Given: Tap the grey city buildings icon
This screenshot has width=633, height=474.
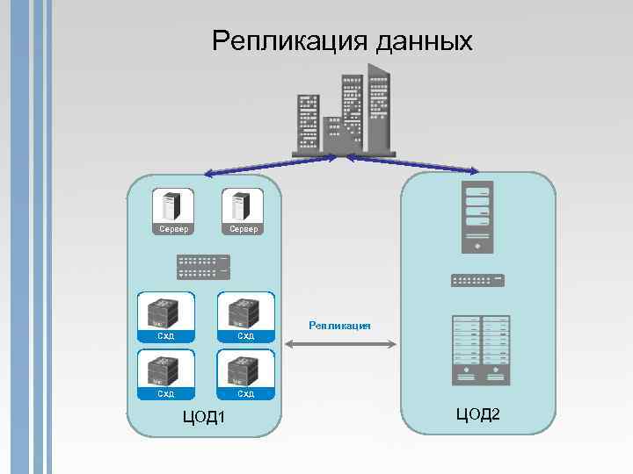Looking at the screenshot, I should coord(344,115).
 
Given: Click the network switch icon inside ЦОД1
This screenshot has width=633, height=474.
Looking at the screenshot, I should coord(203,266).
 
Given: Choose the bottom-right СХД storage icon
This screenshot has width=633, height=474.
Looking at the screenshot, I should coord(246,370).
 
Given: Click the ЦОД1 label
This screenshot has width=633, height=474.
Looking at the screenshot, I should coord(204,416).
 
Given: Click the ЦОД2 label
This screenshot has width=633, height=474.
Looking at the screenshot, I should coord(478,413).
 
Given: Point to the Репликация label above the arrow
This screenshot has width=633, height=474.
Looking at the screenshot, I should coord(339,326).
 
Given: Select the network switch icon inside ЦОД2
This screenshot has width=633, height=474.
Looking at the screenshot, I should coord(477,280).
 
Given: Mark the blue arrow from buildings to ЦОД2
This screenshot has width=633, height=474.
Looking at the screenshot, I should coord(413,163).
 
